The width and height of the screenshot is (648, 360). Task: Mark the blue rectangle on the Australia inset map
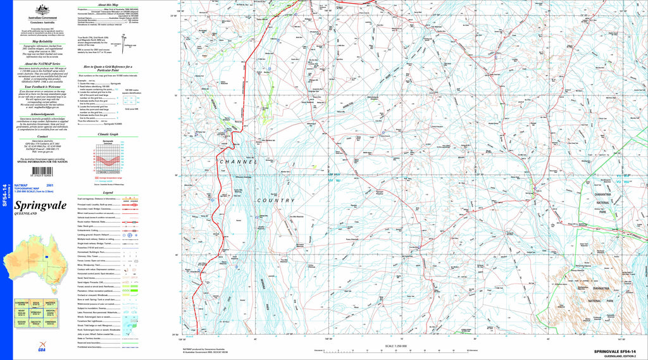tap(47, 256)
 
